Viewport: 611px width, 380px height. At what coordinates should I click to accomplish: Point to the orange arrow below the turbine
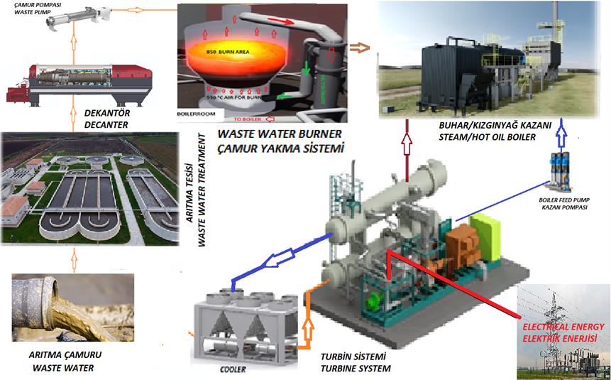click(307, 327)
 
